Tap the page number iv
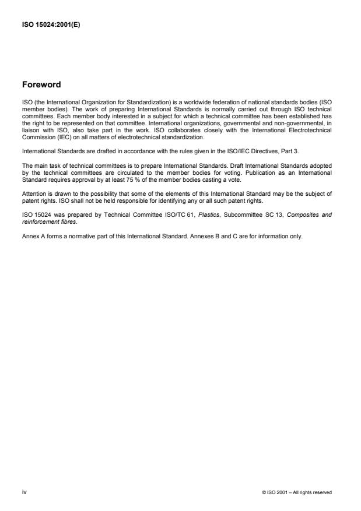(x=24, y=492)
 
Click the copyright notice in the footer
(x=297, y=493)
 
